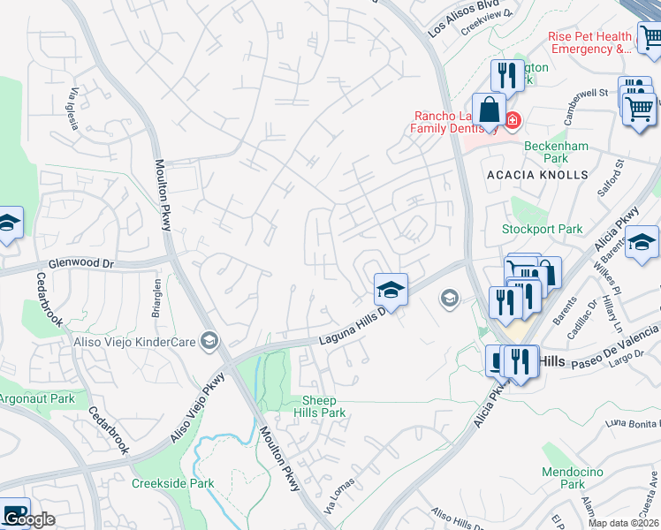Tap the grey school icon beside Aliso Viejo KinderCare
coord(209,340)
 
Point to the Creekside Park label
coord(173,483)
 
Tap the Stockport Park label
coord(542,229)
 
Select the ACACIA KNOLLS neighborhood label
coord(537,175)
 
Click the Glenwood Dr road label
coord(82,263)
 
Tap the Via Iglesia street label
coord(72,109)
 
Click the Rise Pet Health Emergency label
coord(589,42)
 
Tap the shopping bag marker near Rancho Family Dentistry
coord(488,111)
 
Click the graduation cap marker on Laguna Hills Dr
coord(390,288)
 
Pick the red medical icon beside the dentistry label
coord(512,120)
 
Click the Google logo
coord(30,519)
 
